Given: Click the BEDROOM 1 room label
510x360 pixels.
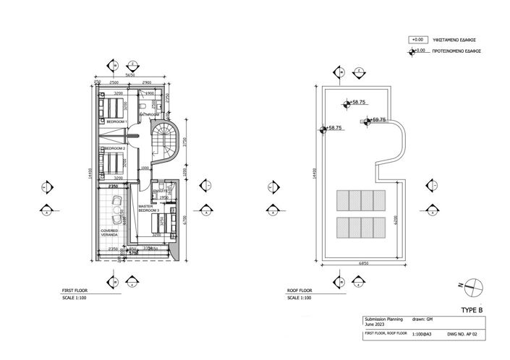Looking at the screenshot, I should pyautogui.click(x=116, y=121).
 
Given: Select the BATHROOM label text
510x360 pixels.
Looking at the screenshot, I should pyautogui.click(x=149, y=114).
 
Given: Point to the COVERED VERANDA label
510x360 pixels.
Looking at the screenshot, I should pyautogui.click(x=110, y=233).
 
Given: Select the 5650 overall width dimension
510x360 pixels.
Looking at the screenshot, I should pyautogui.click(x=131, y=74).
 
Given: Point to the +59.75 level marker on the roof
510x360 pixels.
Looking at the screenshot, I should pyautogui.click(x=378, y=120).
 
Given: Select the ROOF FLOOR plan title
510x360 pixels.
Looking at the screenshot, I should pyautogui.click(x=299, y=292).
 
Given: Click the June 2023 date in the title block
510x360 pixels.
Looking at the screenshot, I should pyautogui.click(x=375, y=325).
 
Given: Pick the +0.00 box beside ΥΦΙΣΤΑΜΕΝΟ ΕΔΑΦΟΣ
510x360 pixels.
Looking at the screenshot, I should pyautogui.click(x=417, y=40).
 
